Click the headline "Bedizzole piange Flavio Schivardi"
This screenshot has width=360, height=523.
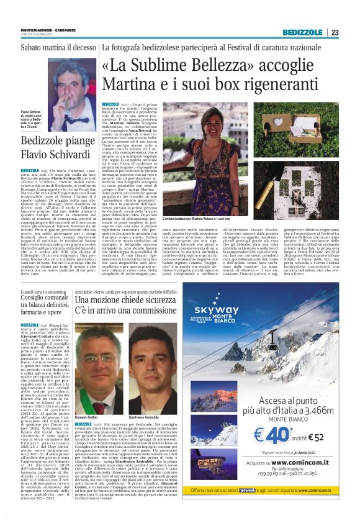(x=57, y=146)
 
